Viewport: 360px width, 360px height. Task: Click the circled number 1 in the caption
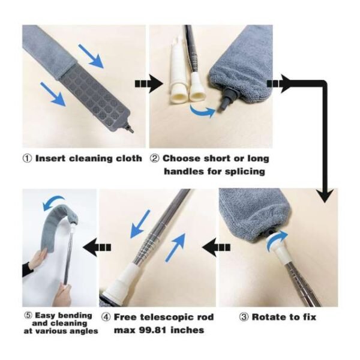27,159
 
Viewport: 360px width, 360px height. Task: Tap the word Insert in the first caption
50,159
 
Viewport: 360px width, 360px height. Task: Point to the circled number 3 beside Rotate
244,317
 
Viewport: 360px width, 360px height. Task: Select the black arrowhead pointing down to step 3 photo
325,194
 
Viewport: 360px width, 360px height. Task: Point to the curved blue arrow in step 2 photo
203,110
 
